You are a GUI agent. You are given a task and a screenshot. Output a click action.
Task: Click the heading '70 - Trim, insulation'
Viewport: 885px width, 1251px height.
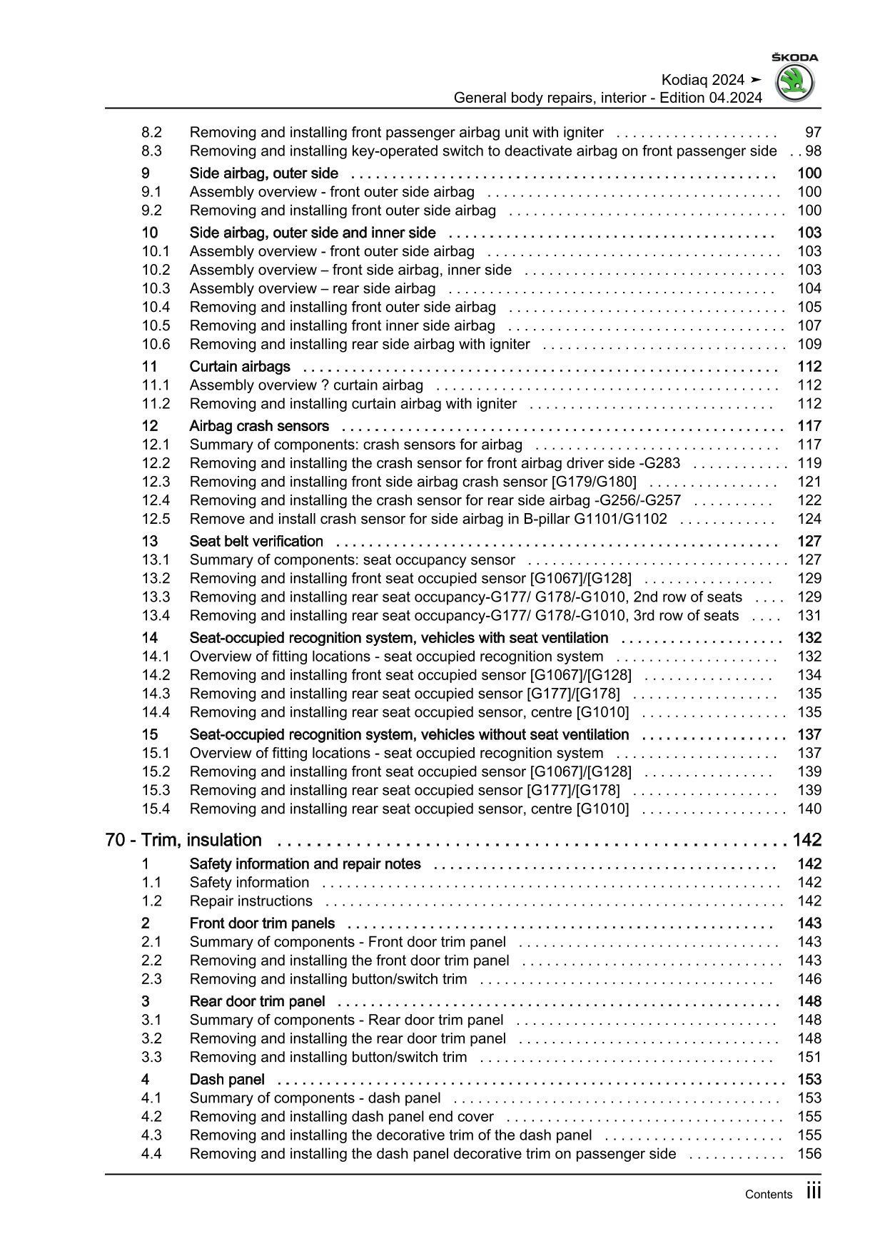[183, 840]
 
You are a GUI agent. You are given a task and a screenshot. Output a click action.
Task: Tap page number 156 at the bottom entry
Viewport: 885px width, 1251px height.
[809, 1153]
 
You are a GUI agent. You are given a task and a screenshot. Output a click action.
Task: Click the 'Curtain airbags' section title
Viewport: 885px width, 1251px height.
[240, 366]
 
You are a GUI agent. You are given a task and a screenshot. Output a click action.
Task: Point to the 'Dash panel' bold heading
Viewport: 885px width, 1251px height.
[227, 1079]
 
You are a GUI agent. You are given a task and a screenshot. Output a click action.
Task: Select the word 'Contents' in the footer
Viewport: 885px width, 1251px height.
[768, 1194]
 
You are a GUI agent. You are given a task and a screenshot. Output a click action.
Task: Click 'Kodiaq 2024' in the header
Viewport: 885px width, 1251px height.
[702, 80]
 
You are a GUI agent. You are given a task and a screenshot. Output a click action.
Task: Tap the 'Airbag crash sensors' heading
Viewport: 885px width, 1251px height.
[259, 426]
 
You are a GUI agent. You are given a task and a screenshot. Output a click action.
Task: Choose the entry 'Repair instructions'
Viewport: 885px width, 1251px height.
[251, 901]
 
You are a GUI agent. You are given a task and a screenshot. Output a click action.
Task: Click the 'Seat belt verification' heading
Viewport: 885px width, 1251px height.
[256, 541]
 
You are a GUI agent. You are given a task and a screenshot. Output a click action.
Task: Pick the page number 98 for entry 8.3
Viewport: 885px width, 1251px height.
[813, 151]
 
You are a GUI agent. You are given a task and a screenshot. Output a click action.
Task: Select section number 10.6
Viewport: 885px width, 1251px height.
[156, 344]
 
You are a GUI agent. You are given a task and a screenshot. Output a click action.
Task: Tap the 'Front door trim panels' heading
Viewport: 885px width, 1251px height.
[262, 923]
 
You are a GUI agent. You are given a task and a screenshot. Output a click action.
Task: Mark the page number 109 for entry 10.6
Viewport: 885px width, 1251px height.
[809, 344]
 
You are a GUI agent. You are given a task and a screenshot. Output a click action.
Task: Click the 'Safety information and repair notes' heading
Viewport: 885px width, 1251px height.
[305, 863]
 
